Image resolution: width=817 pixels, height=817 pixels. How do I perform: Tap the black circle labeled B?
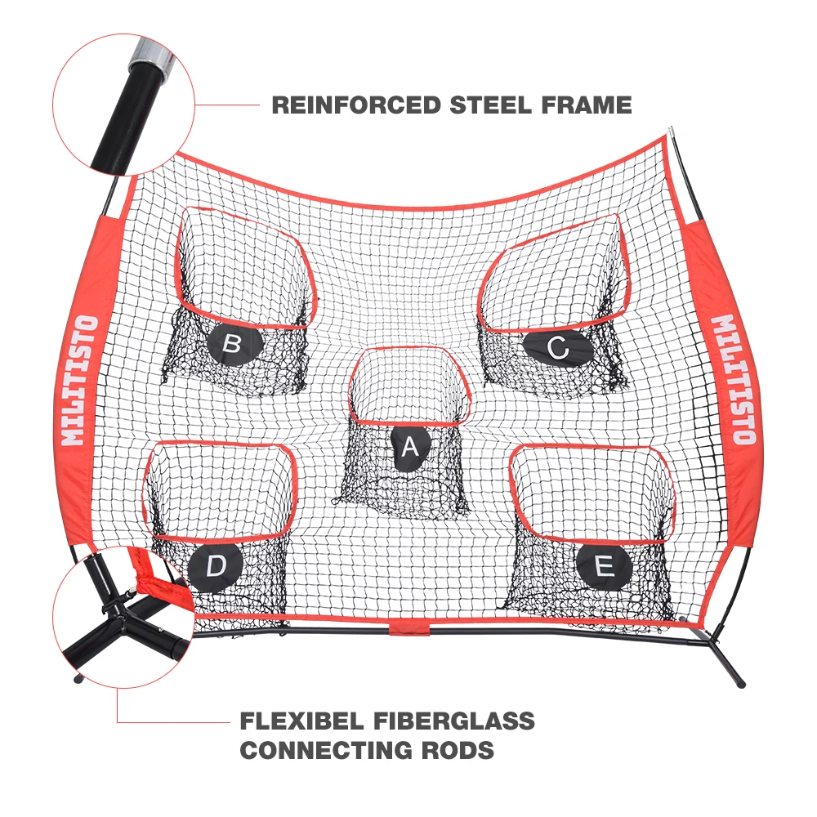(231, 344)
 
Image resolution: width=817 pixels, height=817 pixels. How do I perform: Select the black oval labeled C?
(557, 349)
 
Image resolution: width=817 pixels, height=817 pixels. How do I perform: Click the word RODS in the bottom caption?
(460, 750)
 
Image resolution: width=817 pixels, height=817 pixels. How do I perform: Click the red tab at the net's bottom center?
(410, 627)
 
